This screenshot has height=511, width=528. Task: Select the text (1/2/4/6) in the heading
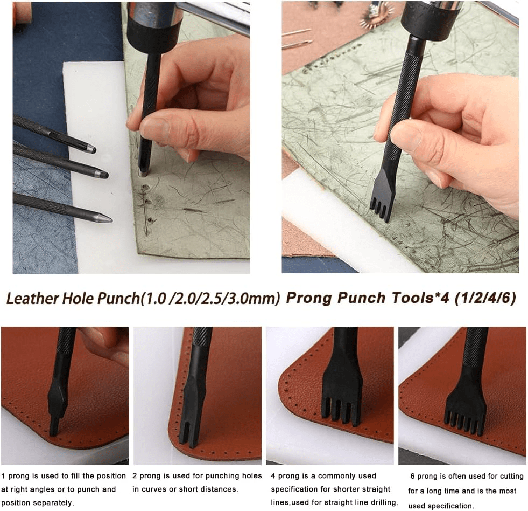coord(485,298)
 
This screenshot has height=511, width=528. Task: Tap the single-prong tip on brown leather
coord(53,427)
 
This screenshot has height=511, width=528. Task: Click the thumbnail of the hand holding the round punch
coord(131,137)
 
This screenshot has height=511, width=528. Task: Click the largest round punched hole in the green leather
coord(145,187)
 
